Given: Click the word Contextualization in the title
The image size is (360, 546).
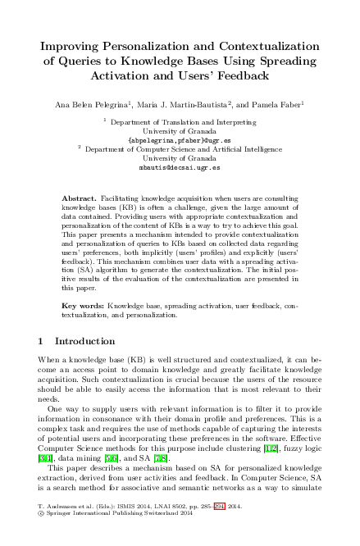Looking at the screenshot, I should (x=262, y=45).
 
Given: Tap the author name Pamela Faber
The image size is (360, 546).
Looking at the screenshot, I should (x=281, y=104).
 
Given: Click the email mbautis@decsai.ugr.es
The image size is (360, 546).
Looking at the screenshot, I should (x=180, y=166).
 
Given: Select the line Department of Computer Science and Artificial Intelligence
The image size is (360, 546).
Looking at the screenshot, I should (x=184, y=148).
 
